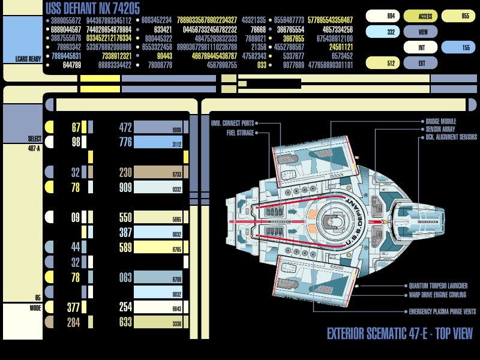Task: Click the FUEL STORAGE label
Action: pos(240,133)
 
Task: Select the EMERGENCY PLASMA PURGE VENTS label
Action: pos(442,311)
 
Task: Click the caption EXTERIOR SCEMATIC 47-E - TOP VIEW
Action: pos(400,334)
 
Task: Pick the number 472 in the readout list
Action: pos(125,127)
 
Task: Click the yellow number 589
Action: pos(125,247)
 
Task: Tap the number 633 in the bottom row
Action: pos(125,322)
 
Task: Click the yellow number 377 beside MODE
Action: pos(73,308)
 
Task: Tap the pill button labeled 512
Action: pos(382,62)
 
